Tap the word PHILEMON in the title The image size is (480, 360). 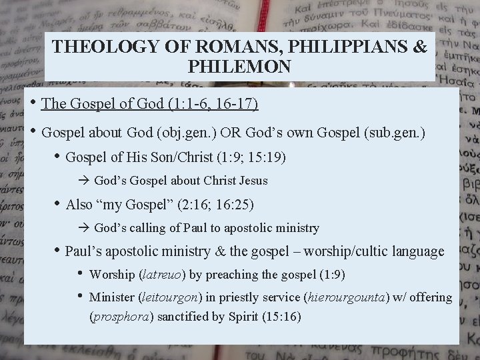pos(239,67)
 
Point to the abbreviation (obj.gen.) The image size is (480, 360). pos(187,132)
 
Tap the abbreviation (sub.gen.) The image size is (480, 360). pos(396,132)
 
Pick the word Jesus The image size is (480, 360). pos(253,181)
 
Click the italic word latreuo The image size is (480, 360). pos(163,275)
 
